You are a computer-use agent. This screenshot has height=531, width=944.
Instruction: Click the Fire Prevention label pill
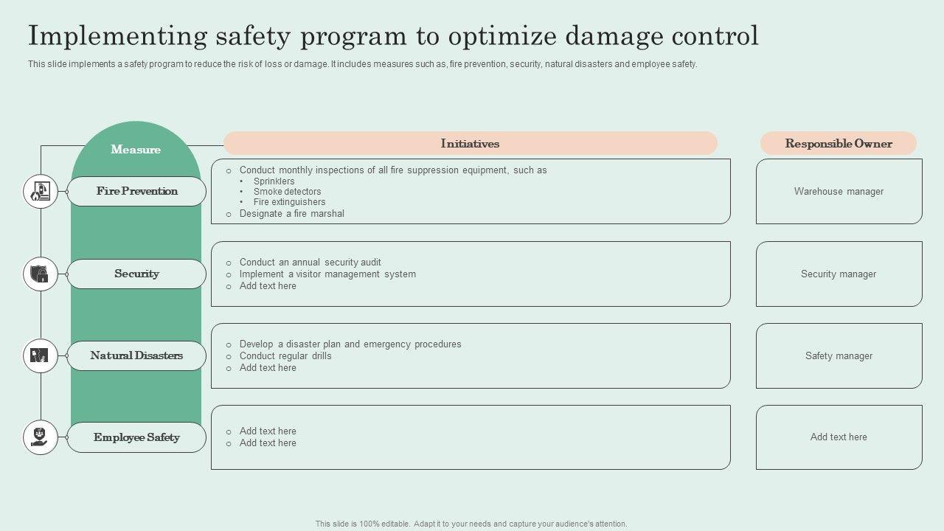[136, 191]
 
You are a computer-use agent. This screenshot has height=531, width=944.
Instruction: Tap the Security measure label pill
[136, 274]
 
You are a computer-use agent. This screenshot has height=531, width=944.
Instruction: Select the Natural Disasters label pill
[136, 355]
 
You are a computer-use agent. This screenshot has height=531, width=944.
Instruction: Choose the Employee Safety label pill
[136, 437]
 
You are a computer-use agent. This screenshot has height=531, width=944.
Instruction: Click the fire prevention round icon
[41, 192]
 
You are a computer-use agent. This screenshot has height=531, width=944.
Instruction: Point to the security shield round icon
[41, 274]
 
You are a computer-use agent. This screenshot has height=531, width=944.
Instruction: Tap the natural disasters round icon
[41, 355]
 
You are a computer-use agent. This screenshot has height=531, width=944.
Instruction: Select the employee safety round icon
[41, 437]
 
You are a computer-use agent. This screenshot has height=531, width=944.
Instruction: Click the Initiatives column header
[470, 143]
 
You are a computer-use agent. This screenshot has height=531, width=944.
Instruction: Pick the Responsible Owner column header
[839, 143]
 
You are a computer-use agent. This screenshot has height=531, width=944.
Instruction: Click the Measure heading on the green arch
[136, 150]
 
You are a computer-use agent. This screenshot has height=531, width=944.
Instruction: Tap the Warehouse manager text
[839, 192]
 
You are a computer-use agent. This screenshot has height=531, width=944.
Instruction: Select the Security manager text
[839, 274]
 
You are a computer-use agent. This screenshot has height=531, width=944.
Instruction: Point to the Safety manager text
[839, 356]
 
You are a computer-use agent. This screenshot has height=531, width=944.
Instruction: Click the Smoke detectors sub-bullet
[287, 192]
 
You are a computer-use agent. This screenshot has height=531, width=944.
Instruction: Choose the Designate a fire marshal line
[291, 214]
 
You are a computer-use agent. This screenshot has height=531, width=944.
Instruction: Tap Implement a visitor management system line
[327, 274]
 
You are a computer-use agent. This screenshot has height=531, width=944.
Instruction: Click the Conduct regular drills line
[285, 356]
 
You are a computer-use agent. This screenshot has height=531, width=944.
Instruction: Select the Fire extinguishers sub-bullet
[289, 202]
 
